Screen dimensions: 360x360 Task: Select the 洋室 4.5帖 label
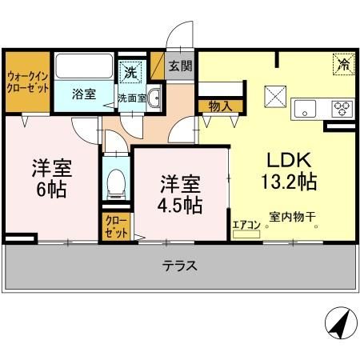pos(179,193)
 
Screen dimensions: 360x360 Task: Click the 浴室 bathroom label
pos(83,94)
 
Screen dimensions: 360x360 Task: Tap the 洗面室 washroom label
pos(131,98)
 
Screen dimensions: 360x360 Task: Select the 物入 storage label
pos(219,106)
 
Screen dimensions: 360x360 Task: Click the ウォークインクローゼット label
pos(27,82)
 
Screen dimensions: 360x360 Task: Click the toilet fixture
pos(117,182)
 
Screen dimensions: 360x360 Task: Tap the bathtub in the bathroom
pos(84,67)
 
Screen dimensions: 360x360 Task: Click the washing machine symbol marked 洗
pos(131,70)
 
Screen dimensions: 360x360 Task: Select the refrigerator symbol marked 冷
pos(343,62)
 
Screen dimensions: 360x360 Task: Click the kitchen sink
pos(306,108)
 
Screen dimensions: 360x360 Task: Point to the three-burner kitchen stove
pos(342,109)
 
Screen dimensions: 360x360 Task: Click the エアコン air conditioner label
pos(246,226)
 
